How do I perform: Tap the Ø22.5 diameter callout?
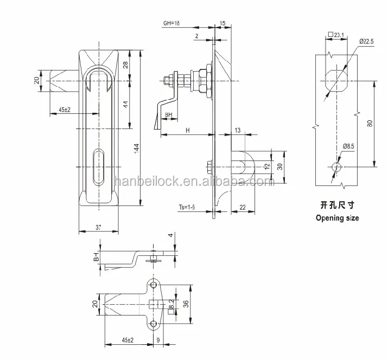coord(365,41)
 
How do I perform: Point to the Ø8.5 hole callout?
coord(349,146)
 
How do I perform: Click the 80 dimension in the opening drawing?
coord(369,124)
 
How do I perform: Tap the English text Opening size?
coord(337,218)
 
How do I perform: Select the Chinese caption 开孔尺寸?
coord(337,206)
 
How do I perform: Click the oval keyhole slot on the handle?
coord(98,166)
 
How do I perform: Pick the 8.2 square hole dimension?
coord(171,304)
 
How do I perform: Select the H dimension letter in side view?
coord(187,130)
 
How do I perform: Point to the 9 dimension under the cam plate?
coord(158,340)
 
